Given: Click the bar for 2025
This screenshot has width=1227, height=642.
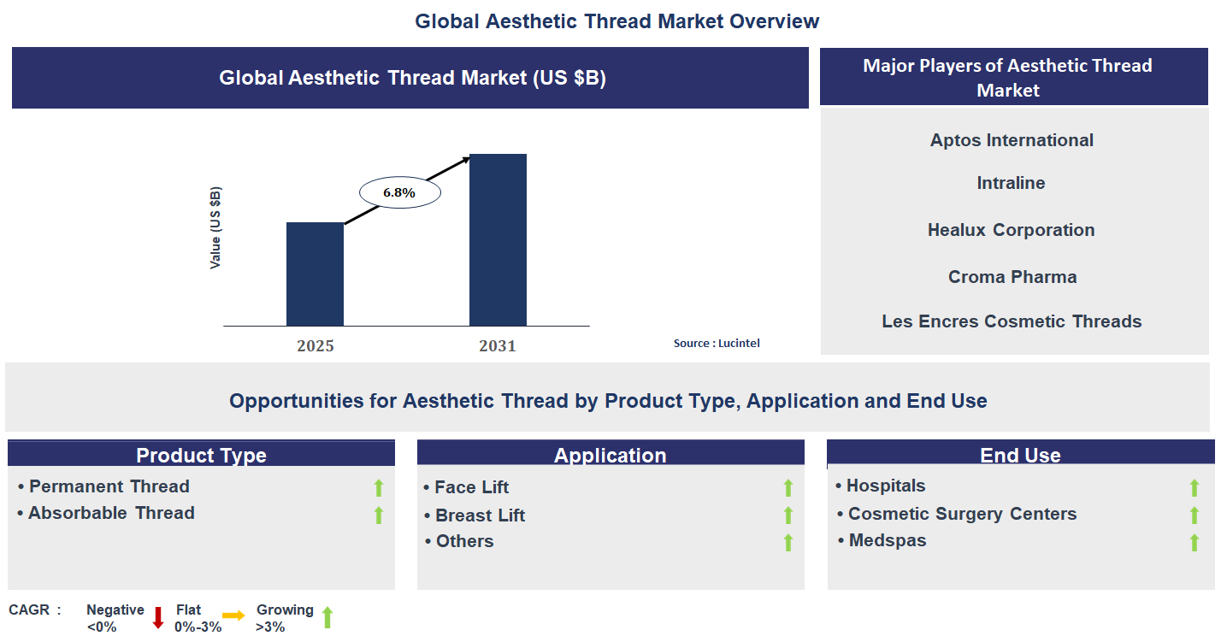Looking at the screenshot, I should pos(315,274).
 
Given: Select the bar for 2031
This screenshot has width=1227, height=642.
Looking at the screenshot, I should pos(498,240).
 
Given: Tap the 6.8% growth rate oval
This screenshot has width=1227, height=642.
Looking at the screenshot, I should pos(399,193).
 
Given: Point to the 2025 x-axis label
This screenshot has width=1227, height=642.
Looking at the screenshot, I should pos(316,346).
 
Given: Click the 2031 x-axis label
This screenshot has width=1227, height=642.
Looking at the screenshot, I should pos(498,346).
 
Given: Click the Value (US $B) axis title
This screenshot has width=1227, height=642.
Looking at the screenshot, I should pos(215,227).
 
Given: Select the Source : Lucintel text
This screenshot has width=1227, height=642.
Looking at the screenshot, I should pos(717,344).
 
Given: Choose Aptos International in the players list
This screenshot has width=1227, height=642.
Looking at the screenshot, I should pos(1012,140).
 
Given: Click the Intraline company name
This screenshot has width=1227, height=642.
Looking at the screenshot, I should pos(1011,183).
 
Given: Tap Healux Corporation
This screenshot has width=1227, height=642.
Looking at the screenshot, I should pos(1011,230).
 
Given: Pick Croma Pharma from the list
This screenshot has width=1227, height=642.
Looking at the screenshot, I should pos(1012,277).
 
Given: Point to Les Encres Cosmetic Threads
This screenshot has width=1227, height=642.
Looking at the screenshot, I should pos(1012,321).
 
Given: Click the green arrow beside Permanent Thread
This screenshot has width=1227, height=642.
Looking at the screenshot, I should pos(379,488).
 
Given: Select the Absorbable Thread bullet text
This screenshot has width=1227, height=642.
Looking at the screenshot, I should pos(111,513).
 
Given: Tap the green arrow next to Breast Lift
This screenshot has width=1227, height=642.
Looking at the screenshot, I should pos(788,515).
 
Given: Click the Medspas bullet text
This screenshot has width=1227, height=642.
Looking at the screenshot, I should pos(887,540).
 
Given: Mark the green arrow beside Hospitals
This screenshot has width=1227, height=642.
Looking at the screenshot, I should pos(1195,488).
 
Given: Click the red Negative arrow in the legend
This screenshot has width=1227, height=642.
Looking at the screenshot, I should pos(158,618).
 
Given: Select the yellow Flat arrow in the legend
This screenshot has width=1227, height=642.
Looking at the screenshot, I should pos(233,615).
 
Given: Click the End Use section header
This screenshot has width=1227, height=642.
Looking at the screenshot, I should pos(1020,455).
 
